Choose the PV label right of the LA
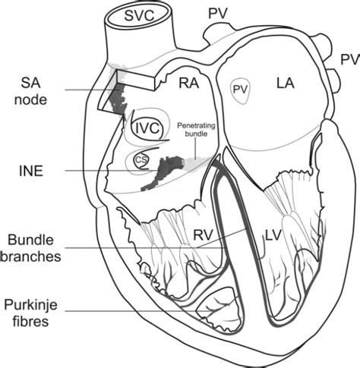(x=349, y=59)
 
